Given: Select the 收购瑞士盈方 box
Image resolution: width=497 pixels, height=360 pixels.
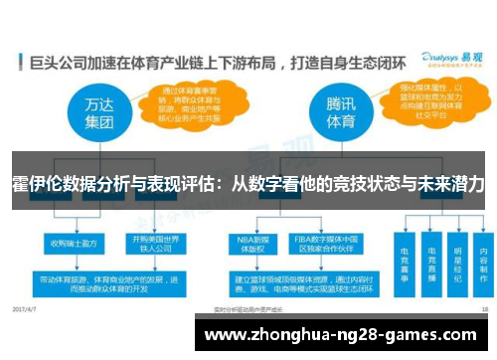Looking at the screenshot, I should coord(71,241).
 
